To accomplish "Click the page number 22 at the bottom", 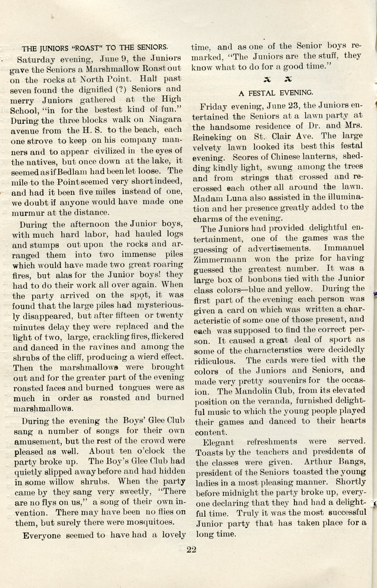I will pyautogui.click(x=191, y=549).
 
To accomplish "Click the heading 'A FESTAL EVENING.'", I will pyautogui.click(x=276, y=92).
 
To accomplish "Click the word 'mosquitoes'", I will pyautogui.click(x=150, y=522).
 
